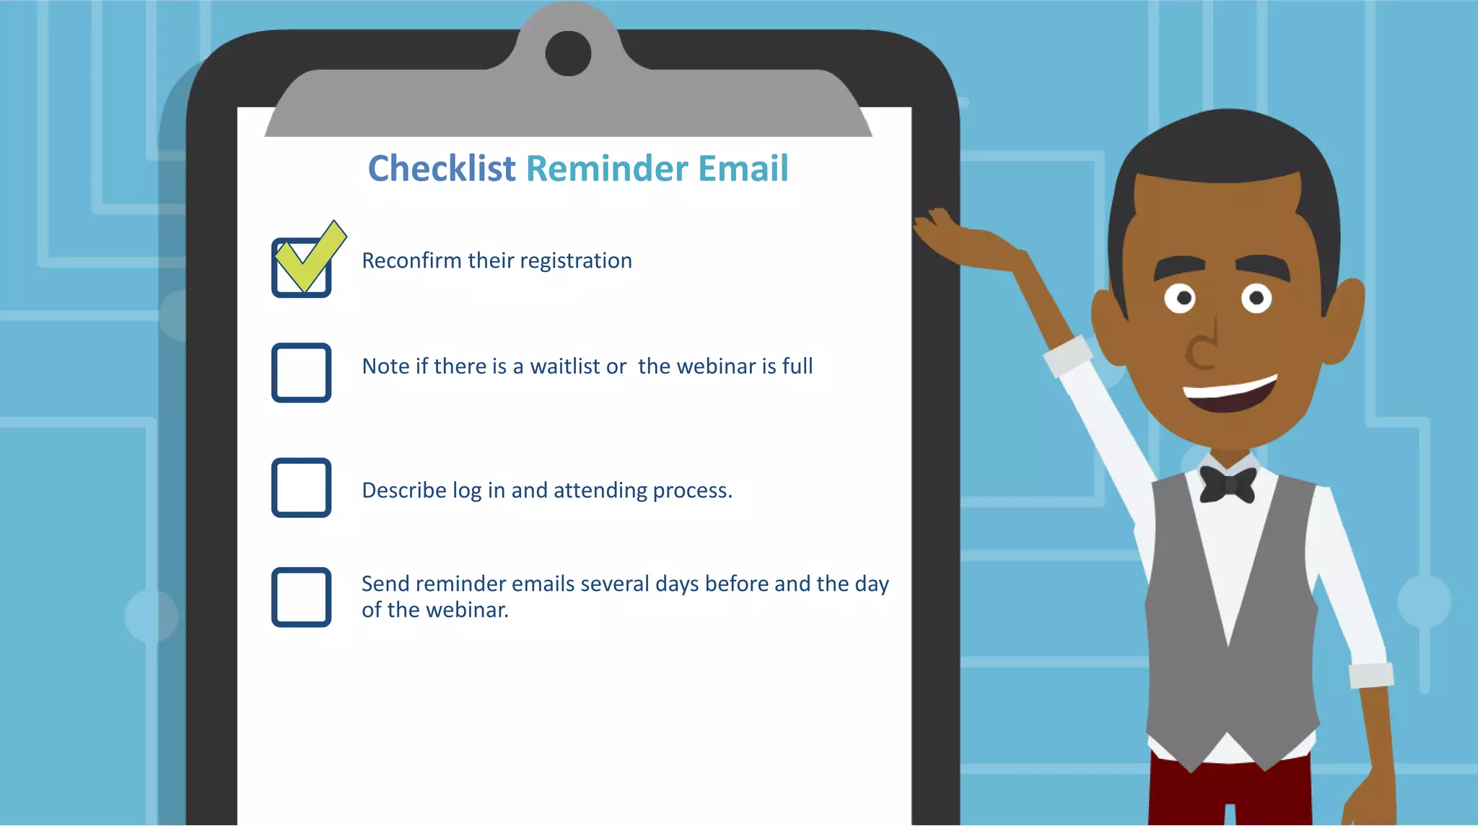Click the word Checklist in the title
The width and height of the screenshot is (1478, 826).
(441, 169)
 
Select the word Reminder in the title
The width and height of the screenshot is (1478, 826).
(606, 169)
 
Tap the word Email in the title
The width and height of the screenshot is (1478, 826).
(743, 169)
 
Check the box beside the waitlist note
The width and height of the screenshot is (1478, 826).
(301, 372)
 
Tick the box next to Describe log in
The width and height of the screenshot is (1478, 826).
(301, 488)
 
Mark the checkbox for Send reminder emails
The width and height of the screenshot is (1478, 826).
(301, 597)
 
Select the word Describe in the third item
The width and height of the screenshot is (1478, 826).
(403, 491)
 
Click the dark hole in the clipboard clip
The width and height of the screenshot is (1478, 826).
(568, 53)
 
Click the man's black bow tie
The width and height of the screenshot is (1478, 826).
(1228, 484)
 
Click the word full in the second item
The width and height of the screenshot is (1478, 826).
(797, 366)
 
